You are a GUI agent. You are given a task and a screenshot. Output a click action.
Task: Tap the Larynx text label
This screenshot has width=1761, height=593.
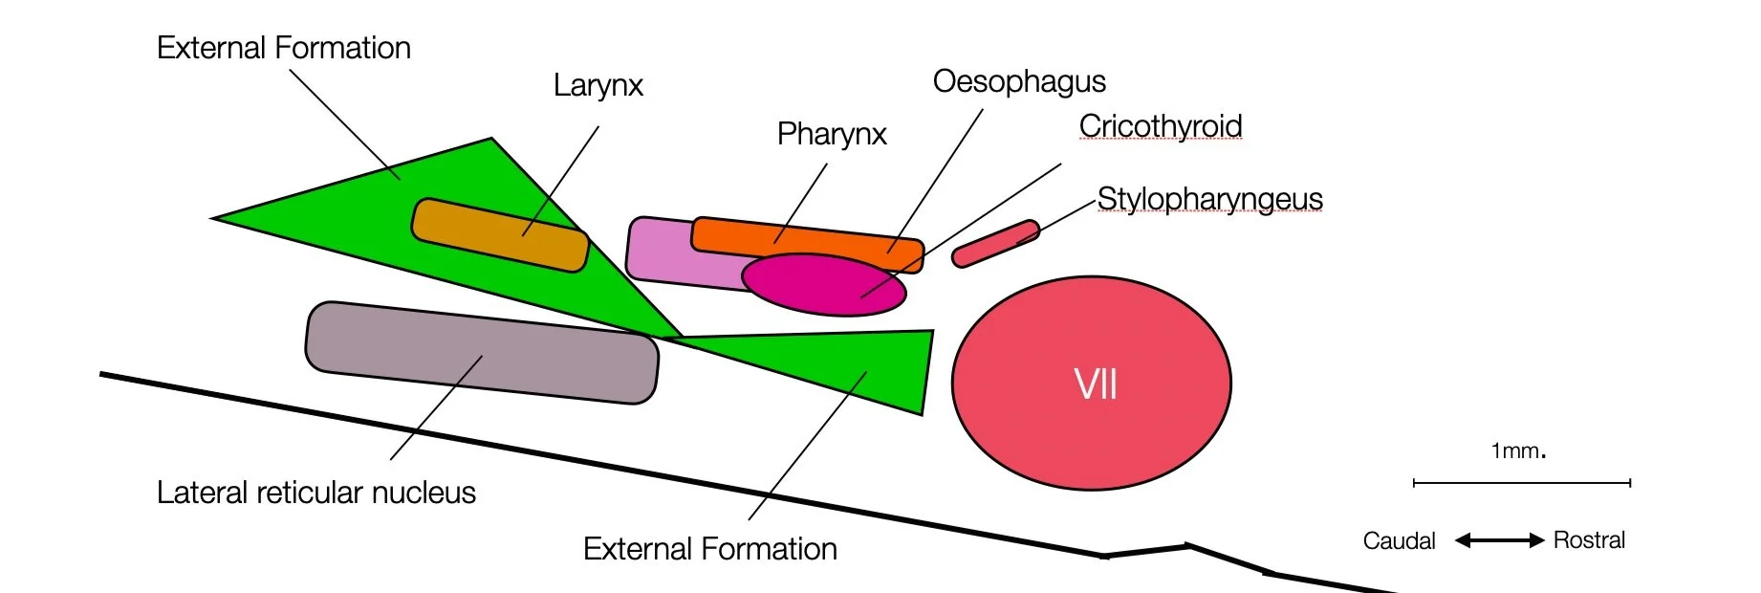(598, 86)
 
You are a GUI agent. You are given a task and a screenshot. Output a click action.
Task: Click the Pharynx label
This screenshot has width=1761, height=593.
(832, 135)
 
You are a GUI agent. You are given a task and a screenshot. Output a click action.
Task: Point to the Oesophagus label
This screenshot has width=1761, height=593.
(1019, 82)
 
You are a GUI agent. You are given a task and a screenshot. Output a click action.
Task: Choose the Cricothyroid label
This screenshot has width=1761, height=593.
(1161, 126)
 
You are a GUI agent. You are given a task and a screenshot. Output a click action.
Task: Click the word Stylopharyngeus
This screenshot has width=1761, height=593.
(1209, 199)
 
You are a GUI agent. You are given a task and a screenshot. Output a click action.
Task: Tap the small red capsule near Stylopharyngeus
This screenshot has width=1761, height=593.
(995, 244)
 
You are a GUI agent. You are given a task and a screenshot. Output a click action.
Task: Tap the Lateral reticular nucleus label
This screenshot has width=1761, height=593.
(316, 493)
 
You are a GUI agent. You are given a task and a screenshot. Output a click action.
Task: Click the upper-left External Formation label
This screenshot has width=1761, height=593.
(284, 49)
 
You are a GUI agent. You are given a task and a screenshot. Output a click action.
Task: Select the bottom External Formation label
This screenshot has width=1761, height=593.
(710, 549)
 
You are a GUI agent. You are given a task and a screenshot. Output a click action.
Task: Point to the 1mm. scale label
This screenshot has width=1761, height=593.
(1518, 450)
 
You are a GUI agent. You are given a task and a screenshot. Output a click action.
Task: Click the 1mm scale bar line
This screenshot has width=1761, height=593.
(1521, 483)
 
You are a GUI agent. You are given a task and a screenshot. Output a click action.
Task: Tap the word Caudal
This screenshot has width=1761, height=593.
(1399, 541)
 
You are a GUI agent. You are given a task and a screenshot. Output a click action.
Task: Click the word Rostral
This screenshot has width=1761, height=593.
(1589, 540)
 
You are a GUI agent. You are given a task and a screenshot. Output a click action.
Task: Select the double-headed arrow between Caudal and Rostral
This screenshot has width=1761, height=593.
(1499, 540)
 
